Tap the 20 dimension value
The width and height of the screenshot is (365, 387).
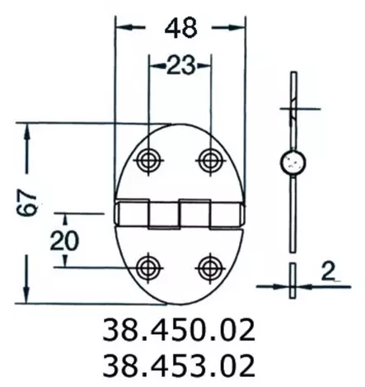pos(66,240)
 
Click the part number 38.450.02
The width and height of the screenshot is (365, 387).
pos(177,331)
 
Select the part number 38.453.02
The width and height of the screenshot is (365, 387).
pos(177,364)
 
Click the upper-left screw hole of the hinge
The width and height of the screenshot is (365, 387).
pos(150,159)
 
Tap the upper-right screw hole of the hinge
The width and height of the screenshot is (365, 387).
pos(209,159)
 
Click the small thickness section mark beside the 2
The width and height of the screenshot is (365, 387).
pos(292,278)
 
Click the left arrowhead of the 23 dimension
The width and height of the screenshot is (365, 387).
pos(155,66)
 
